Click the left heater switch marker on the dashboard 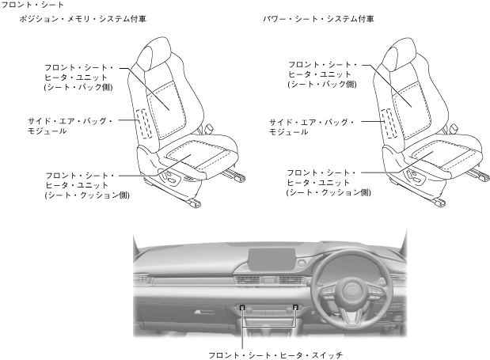[x=242, y=307]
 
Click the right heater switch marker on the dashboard [x=295, y=307]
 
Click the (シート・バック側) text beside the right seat [x=321, y=83]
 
